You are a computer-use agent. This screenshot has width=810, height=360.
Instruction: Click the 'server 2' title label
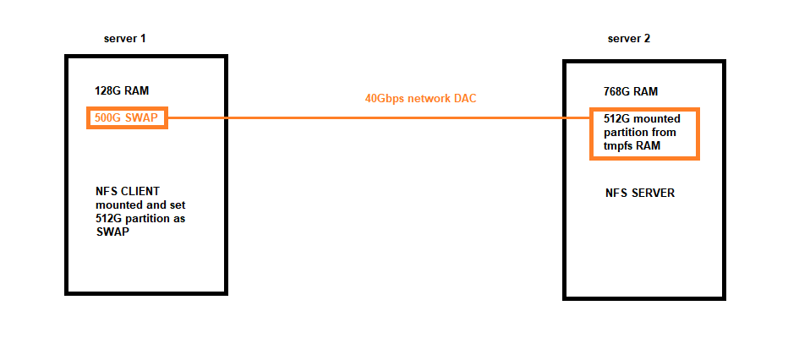pos(629,38)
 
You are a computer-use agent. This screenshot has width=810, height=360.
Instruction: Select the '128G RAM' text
pos(122,91)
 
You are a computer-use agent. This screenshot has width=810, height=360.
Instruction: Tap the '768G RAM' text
pos(631,92)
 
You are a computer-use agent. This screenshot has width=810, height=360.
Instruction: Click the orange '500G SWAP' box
pos(127,118)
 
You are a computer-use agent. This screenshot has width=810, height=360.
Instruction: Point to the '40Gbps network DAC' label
pos(420,99)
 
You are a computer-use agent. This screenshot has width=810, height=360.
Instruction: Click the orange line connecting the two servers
pos(379,118)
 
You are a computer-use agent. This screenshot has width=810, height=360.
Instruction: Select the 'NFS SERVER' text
pos(640,194)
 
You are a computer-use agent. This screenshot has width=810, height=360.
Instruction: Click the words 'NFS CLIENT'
pos(129,192)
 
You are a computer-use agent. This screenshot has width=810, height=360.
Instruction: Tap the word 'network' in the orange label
pos(430,99)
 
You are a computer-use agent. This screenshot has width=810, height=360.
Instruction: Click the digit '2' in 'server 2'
pos(647,38)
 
